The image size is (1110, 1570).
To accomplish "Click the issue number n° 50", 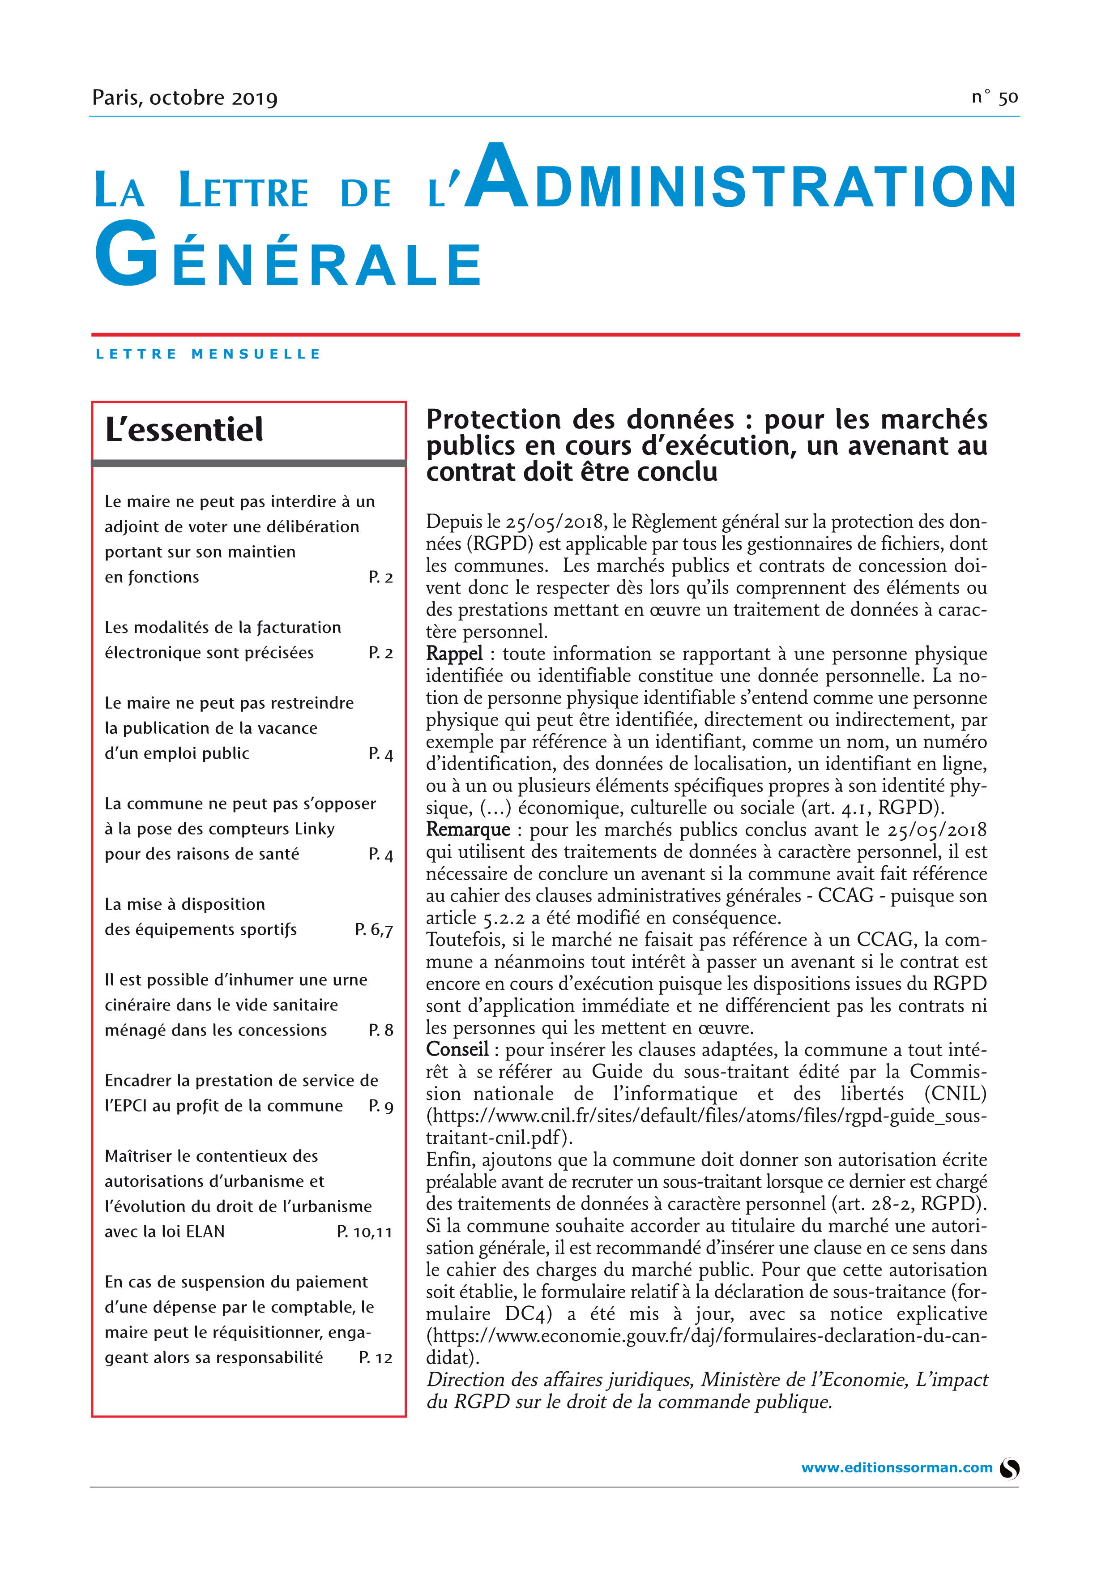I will click(x=995, y=98).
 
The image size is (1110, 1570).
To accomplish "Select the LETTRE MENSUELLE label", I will click(x=208, y=354).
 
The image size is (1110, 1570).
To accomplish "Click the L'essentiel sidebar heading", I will click(x=184, y=429).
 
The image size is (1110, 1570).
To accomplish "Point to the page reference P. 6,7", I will click(x=374, y=929).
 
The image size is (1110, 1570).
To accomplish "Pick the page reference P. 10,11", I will click(x=364, y=1232).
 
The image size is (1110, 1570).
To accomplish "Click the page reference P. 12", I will click(x=375, y=1357).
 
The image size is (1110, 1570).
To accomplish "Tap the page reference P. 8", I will click(x=381, y=1030).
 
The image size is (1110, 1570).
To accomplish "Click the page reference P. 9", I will click(x=381, y=1106).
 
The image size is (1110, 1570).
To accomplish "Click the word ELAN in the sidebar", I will click(x=205, y=1232).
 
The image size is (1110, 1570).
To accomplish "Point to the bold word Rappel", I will click(x=455, y=654).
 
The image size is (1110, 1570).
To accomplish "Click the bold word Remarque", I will click(x=468, y=830).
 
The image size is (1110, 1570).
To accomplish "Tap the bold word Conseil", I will click(x=457, y=1050).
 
